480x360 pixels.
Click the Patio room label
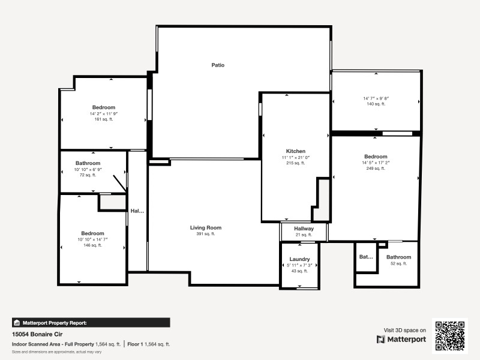tap(218, 65)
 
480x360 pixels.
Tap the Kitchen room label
tap(295, 151)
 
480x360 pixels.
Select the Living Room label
tap(206, 228)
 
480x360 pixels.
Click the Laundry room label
tap(299, 259)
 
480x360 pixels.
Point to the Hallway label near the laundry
tap(304, 229)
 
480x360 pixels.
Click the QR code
tap(449, 336)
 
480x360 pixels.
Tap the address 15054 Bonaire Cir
tap(37, 334)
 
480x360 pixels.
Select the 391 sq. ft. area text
tap(206, 234)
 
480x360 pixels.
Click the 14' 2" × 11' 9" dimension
tap(103, 113)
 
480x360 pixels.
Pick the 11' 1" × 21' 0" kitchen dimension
tap(295, 157)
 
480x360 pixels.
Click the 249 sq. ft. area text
tap(376, 168)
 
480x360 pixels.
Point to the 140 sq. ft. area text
tap(376, 104)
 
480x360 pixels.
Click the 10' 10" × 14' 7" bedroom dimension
tap(92, 239)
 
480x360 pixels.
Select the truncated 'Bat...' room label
tap(366, 257)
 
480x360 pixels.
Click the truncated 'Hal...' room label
tap(137, 211)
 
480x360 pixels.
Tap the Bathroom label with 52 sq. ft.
tap(398, 257)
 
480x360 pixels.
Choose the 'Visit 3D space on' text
tap(405, 330)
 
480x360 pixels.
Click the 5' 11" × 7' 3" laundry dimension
tap(299, 265)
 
